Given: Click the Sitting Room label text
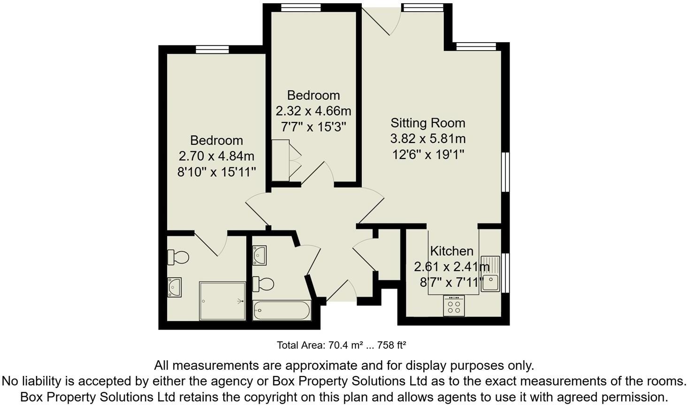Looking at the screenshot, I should pyautogui.click(x=427, y=123).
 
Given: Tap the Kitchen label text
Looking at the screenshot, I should pyautogui.click(x=451, y=251).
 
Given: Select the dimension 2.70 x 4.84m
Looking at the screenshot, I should pyautogui.click(x=216, y=156).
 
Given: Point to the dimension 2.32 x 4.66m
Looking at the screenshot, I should pyautogui.click(x=313, y=111).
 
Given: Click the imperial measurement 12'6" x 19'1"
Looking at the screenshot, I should pyautogui.click(x=428, y=154).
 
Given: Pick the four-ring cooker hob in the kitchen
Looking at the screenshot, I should pyautogui.click(x=454, y=307).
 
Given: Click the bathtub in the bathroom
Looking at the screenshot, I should pyautogui.click(x=282, y=311).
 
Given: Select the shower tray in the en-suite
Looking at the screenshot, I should pyautogui.click(x=222, y=301).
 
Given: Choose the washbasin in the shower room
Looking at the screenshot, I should pyautogui.click(x=175, y=287).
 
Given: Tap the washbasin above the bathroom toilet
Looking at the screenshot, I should pyautogui.click(x=259, y=255).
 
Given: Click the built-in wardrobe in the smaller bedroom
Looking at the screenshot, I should pyautogui.click(x=280, y=160).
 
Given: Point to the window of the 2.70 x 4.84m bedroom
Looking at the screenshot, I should pyautogui.click(x=212, y=50).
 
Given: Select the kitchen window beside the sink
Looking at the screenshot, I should pyautogui.click(x=505, y=273).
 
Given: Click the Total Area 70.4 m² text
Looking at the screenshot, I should pyautogui.click(x=341, y=345).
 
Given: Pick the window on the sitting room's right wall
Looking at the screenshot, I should pyautogui.click(x=505, y=172).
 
